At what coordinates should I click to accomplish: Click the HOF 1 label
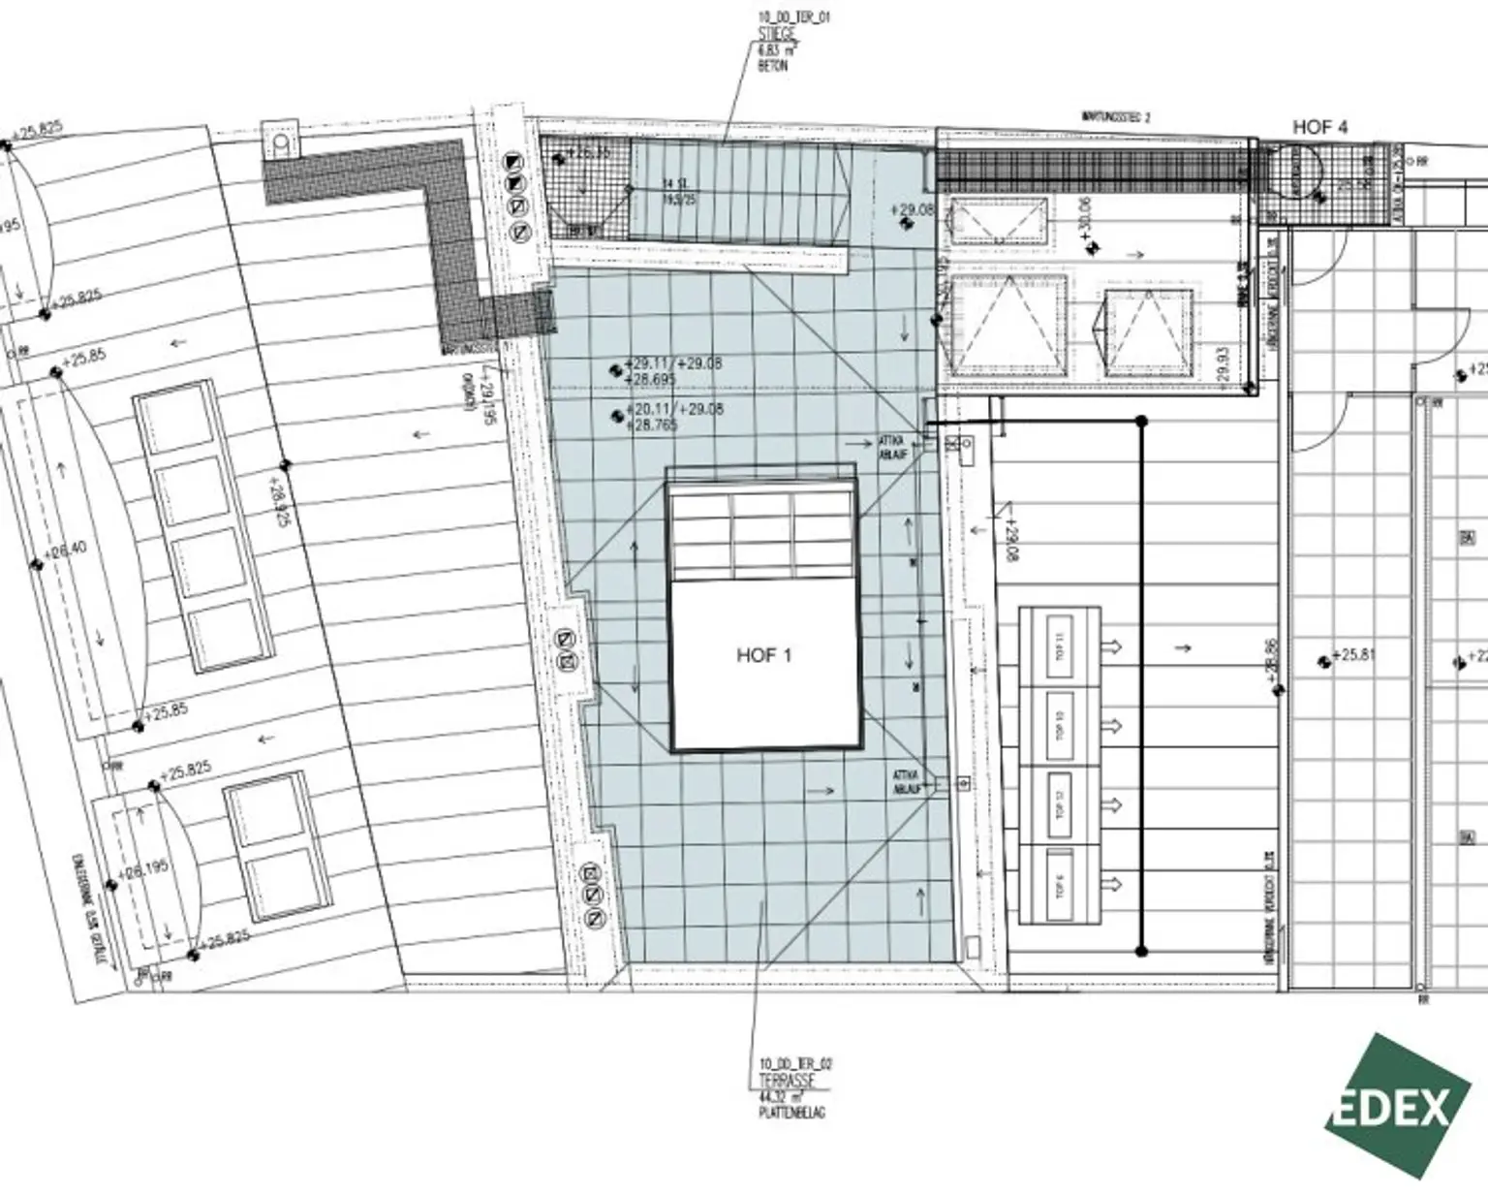(x=763, y=656)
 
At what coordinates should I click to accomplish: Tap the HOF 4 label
(x=1319, y=127)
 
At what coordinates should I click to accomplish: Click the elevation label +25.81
(x=1353, y=656)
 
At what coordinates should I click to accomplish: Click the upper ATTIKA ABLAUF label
(x=892, y=446)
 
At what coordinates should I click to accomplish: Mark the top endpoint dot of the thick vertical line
(x=1141, y=422)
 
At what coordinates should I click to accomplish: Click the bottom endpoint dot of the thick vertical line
(x=1141, y=950)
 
